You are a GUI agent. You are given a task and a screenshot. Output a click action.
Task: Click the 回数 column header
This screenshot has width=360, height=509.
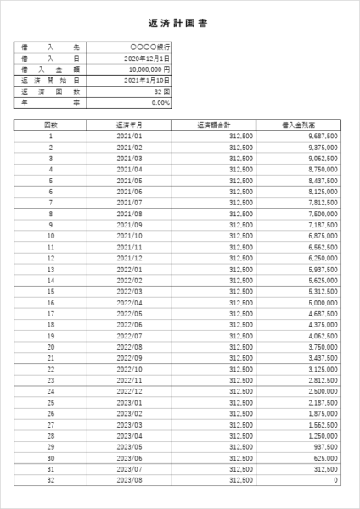pyautogui.click(x=51, y=124)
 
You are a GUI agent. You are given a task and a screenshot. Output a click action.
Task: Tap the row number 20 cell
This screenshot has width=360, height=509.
pyautogui.click(x=51, y=346)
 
